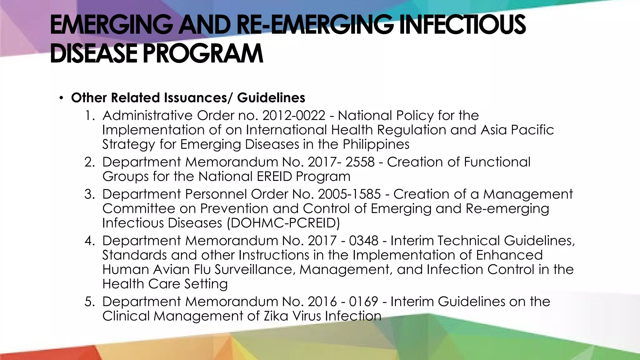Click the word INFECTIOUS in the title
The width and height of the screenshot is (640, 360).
(462, 25)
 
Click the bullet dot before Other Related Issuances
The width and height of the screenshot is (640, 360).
(61, 98)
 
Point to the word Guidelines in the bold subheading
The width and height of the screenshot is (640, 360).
(271, 97)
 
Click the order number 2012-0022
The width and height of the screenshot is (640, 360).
(294, 116)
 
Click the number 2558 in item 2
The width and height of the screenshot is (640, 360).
(360, 162)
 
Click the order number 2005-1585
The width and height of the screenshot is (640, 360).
(349, 194)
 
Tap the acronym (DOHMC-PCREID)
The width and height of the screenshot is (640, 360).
(283, 223)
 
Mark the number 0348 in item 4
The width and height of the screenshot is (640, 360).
(364, 241)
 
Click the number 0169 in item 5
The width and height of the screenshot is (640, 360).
(363, 302)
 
